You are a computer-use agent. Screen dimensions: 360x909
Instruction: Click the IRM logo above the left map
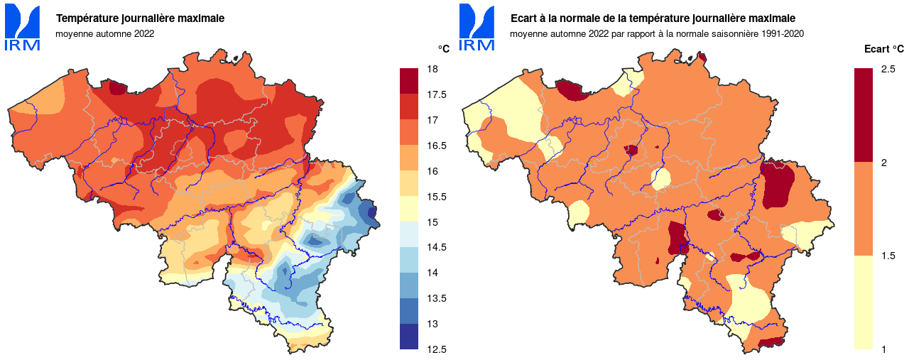[22, 28]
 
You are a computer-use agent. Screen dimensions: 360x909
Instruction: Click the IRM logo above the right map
[477, 28]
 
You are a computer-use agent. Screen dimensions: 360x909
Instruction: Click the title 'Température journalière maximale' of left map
[140, 18]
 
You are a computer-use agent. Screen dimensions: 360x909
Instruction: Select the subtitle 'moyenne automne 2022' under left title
[104, 33]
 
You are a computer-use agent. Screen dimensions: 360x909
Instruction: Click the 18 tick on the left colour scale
[432, 69]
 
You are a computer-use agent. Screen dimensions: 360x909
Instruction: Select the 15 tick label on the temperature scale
[432, 222]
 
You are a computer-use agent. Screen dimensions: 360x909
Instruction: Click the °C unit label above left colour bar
[443, 49]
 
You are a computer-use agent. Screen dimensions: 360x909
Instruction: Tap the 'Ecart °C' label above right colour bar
[883, 49]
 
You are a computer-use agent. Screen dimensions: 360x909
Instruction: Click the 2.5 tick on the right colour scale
[888, 69]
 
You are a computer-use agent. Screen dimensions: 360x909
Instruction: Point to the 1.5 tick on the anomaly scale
[888, 256]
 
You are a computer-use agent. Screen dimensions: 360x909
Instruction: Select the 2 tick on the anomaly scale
[883, 163]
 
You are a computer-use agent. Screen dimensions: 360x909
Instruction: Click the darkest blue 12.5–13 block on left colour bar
[410, 337]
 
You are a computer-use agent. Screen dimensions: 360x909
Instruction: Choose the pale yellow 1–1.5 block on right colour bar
[863, 302]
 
